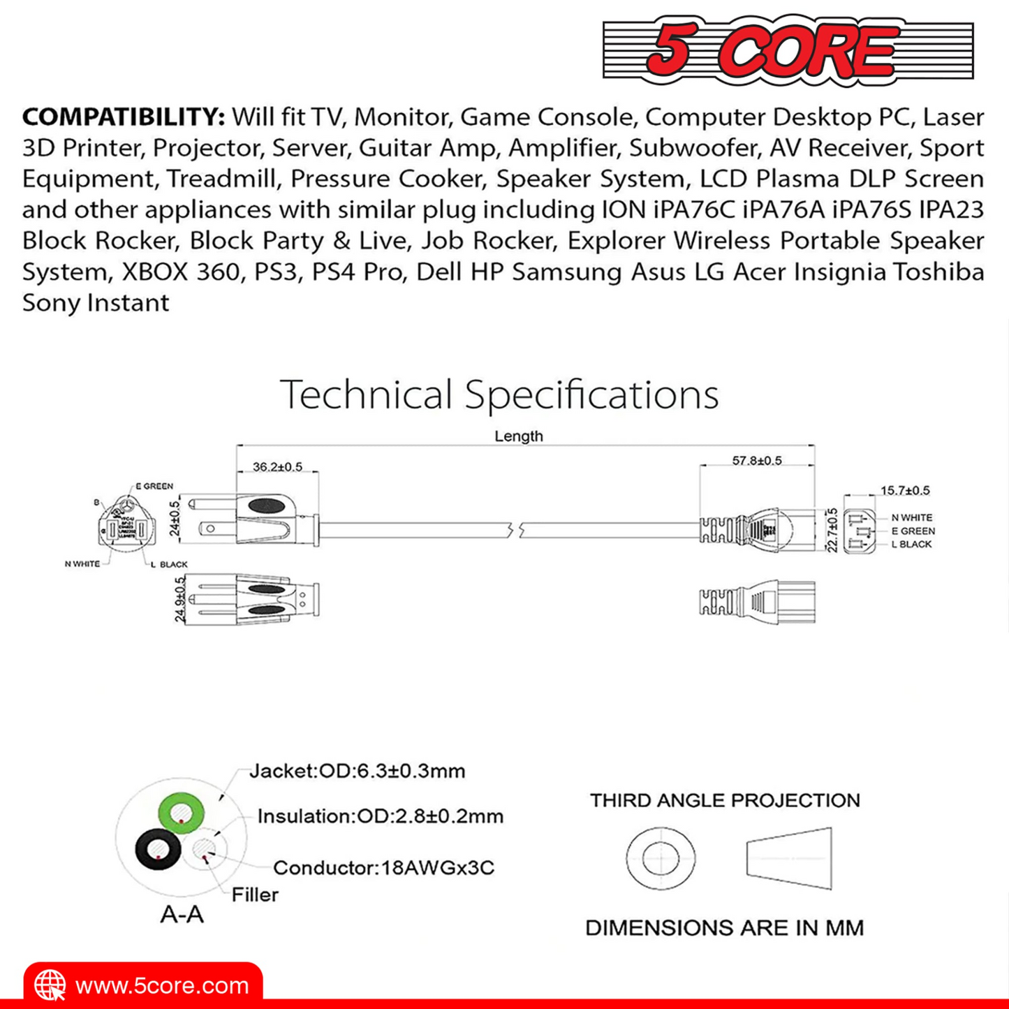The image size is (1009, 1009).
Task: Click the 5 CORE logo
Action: [788, 50]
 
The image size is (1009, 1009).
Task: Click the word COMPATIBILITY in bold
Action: [124, 117]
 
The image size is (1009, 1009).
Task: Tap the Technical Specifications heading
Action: [499, 394]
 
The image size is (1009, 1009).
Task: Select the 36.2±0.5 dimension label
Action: [277, 466]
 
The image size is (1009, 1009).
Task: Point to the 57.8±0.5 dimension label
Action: [757, 460]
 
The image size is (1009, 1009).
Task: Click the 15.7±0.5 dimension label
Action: [904, 490]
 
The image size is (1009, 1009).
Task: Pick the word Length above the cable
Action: [518, 436]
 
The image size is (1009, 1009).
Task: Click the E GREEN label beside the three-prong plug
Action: [154, 486]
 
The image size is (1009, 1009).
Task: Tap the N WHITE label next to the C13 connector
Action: [911, 517]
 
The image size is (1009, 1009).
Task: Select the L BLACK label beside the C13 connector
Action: [911, 544]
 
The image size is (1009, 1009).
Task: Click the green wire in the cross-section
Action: [182, 813]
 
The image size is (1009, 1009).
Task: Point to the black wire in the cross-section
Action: [159, 849]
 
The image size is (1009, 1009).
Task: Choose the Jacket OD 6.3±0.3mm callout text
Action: [357, 771]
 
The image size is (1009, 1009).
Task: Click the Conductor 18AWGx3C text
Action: [383, 868]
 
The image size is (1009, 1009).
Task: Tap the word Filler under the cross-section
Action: [255, 894]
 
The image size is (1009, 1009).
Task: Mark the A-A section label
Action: [182, 914]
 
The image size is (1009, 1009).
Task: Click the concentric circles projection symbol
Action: [661, 858]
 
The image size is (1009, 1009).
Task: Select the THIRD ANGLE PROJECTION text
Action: [725, 800]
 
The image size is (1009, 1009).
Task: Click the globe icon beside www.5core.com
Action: [50, 985]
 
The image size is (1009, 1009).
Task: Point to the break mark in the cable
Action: [517, 530]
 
